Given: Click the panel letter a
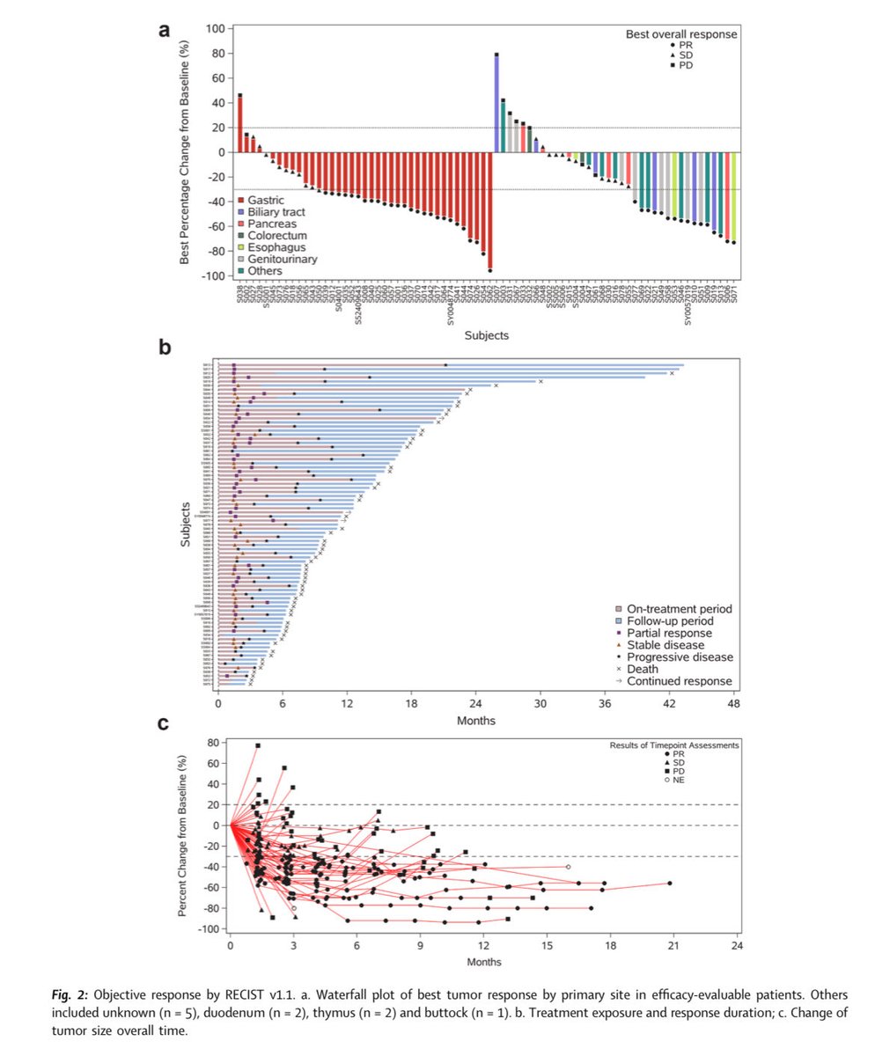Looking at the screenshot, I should click(164, 30).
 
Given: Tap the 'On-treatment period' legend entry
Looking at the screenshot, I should click(680, 609).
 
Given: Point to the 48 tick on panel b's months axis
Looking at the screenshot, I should click(733, 704).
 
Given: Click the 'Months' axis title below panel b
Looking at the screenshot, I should click(475, 720).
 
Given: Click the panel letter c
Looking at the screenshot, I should click(164, 724).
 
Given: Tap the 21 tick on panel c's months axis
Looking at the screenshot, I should click(674, 946).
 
